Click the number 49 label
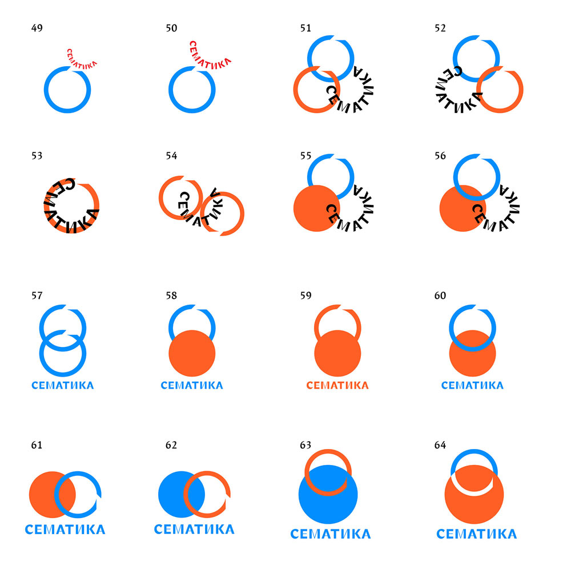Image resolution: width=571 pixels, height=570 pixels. (x=37, y=28)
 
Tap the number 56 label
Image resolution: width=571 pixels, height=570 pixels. (x=440, y=155)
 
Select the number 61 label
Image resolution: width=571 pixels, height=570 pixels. (x=37, y=445)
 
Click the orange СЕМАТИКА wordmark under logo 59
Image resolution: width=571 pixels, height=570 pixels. (x=337, y=385)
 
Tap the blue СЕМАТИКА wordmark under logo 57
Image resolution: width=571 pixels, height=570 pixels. (x=63, y=385)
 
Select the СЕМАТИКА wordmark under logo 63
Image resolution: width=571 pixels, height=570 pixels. (x=330, y=534)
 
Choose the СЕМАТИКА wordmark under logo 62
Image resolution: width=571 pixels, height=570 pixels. (x=194, y=529)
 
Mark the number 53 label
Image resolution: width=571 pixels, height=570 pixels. (x=37, y=155)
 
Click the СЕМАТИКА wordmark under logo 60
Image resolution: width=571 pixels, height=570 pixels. (x=472, y=385)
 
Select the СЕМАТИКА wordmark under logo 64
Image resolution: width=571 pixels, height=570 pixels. (x=476, y=534)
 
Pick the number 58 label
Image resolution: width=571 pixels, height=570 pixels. (x=171, y=296)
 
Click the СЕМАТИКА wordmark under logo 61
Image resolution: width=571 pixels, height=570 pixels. (x=65, y=529)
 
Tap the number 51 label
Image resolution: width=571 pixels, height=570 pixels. (x=305, y=28)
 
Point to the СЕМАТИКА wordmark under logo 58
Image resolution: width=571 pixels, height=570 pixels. (x=192, y=385)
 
